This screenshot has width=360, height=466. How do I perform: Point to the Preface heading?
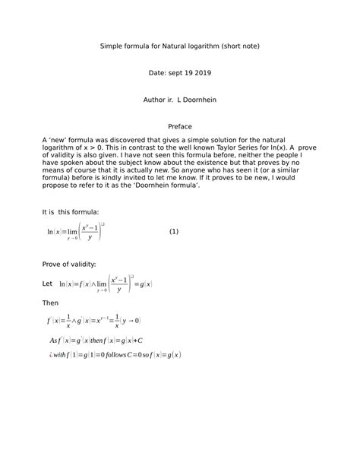(180, 126)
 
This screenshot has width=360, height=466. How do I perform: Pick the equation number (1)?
(174, 232)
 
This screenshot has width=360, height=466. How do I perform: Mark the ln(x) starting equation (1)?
(54, 232)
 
